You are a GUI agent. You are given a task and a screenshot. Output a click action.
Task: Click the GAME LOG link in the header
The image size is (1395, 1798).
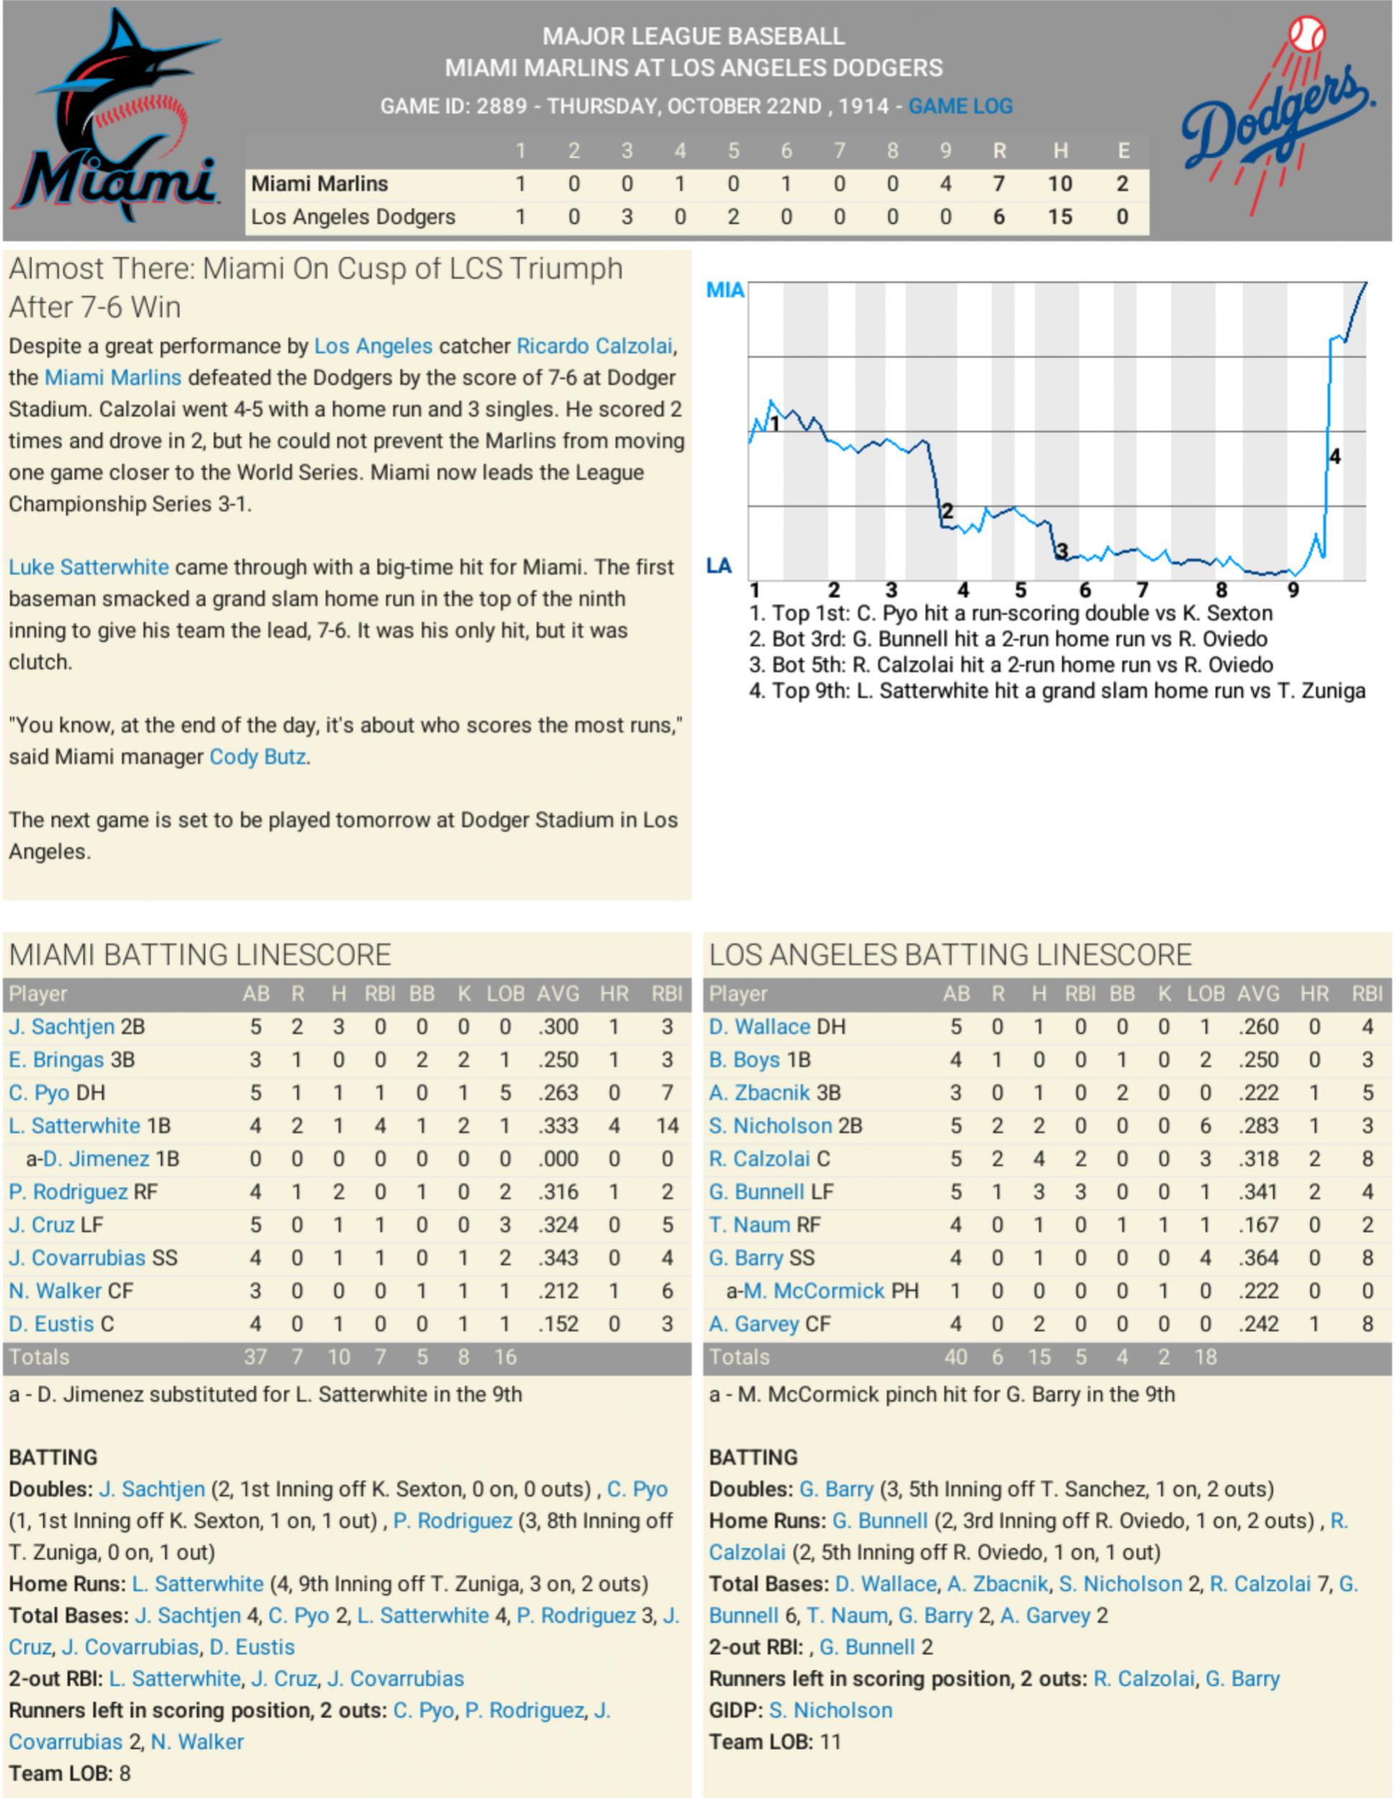(x=960, y=106)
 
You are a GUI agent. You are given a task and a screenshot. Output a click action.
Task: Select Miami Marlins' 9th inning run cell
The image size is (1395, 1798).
(x=945, y=184)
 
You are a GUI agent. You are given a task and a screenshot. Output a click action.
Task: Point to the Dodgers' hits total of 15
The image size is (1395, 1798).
(x=1059, y=216)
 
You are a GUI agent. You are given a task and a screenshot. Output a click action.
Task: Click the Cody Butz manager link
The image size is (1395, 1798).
(x=258, y=756)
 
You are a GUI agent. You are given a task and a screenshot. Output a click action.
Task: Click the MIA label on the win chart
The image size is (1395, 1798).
(x=725, y=289)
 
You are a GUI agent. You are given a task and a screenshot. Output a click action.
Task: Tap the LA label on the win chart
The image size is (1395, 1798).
(x=719, y=565)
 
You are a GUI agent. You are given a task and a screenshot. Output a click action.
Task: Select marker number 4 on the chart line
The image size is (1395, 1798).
(x=1334, y=456)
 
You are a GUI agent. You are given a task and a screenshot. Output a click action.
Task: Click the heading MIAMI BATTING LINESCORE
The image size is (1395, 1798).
(x=200, y=954)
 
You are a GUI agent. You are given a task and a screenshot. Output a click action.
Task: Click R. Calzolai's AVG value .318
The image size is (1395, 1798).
(x=1259, y=1159)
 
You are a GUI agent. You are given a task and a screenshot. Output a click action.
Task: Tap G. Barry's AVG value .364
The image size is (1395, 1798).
(x=1259, y=1257)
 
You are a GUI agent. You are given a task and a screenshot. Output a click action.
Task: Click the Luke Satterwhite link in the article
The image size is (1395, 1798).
(x=89, y=567)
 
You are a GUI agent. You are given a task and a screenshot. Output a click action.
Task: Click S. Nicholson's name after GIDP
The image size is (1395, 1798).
(x=831, y=1710)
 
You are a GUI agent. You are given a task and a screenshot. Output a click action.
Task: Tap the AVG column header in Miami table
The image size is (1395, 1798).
(x=558, y=993)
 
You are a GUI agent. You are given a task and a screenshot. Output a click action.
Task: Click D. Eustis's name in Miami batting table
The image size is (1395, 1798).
(x=51, y=1324)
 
